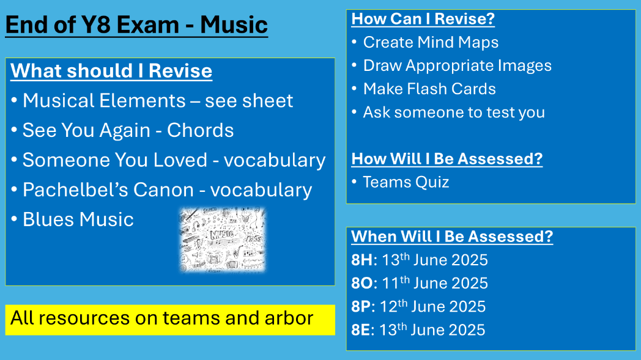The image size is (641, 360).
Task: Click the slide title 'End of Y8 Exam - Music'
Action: [x=136, y=25]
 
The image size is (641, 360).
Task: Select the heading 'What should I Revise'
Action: [x=111, y=71]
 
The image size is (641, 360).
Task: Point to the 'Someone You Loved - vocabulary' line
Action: [x=174, y=160]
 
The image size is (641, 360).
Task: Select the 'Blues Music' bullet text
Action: [x=78, y=219]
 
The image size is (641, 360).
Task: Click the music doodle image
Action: [x=223, y=239]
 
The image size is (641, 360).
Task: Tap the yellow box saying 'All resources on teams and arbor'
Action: [x=170, y=319]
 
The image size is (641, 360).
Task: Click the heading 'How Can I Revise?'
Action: [x=423, y=19]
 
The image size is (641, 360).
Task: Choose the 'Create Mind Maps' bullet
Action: [x=431, y=42]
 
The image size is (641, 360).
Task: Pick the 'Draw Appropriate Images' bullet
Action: [x=457, y=65]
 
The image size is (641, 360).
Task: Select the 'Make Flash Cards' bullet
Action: [x=429, y=89]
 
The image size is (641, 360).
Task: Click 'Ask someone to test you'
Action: [x=453, y=112]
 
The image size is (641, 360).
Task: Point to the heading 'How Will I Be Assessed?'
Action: [x=446, y=159]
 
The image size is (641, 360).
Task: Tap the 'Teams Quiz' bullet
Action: [x=406, y=182]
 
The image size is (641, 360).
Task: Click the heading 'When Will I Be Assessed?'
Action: [x=452, y=237]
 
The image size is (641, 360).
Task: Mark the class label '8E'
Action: [x=361, y=330]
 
